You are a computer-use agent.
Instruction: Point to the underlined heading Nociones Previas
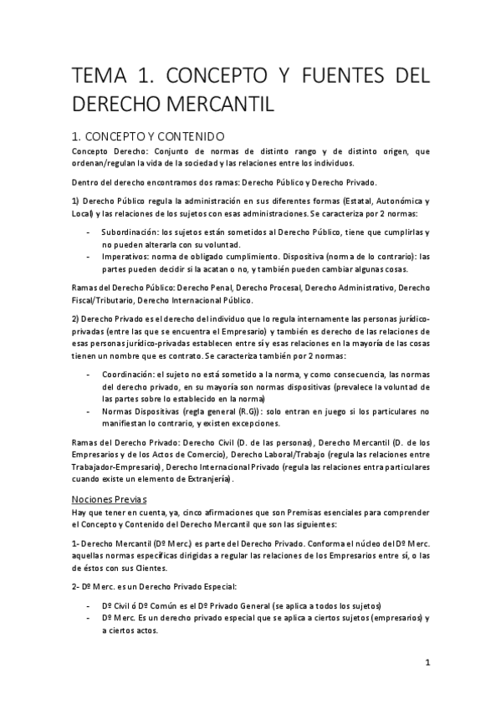110,498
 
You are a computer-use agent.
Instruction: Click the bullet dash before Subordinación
89,232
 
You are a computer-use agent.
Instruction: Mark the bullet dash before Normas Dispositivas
89,411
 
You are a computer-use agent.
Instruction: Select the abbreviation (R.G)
247,411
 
